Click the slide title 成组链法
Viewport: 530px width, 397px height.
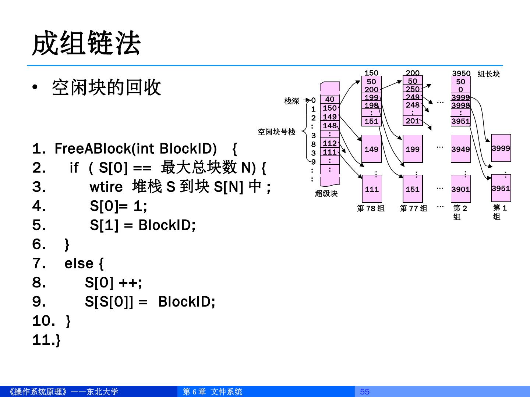pos(86,43)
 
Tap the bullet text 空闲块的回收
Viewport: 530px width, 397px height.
pos(106,87)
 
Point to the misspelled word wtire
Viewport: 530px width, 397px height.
pos(106,187)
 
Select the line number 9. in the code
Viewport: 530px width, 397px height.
pos(39,302)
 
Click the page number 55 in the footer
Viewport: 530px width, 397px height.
pos(364,391)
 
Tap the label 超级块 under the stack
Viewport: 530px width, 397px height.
pos(326,193)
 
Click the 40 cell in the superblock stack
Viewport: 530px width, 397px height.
pos(330,99)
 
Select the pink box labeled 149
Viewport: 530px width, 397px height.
pos(371,149)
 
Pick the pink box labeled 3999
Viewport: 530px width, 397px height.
pos(501,148)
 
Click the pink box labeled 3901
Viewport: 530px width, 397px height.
pos(460,189)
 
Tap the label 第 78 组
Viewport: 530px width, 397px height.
pos(371,208)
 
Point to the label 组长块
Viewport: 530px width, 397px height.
pos(489,74)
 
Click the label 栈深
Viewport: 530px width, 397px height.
pos(291,101)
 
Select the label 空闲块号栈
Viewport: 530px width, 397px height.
pos(276,132)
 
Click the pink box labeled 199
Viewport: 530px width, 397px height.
pos(413,149)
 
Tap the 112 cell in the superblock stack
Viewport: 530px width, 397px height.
pos(330,143)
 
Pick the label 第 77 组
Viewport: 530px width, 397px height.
pos(414,208)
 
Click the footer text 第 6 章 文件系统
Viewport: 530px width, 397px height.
pos(212,391)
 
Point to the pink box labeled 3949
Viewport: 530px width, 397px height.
pos(460,149)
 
